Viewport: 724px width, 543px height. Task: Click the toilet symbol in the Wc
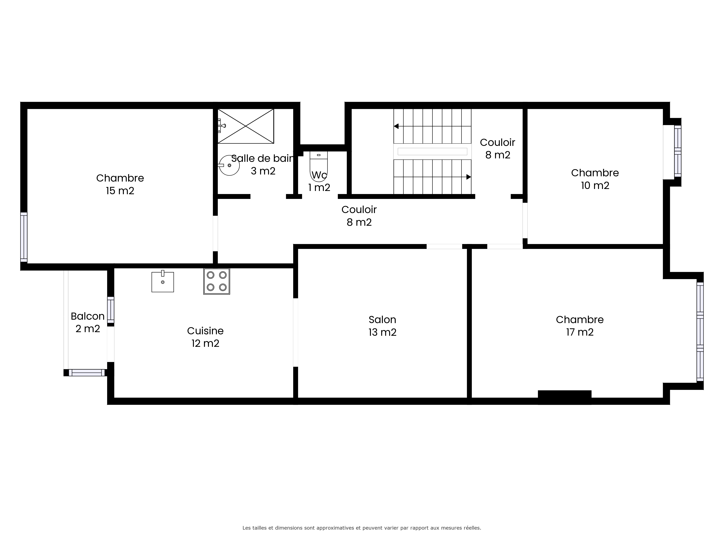click(318, 166)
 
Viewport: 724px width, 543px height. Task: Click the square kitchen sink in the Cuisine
click(163, 281)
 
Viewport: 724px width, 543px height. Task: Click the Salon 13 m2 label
click(382, 326)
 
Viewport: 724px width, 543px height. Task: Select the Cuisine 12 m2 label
click(205, 337)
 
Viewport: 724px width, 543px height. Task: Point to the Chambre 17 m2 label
click(580, 326)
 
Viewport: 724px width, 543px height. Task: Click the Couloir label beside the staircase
click(498, 142)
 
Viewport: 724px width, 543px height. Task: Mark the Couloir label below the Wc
click(359, 209)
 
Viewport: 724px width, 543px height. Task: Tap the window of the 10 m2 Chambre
click(677, 151)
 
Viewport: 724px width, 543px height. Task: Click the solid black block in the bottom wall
click(565, 397)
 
